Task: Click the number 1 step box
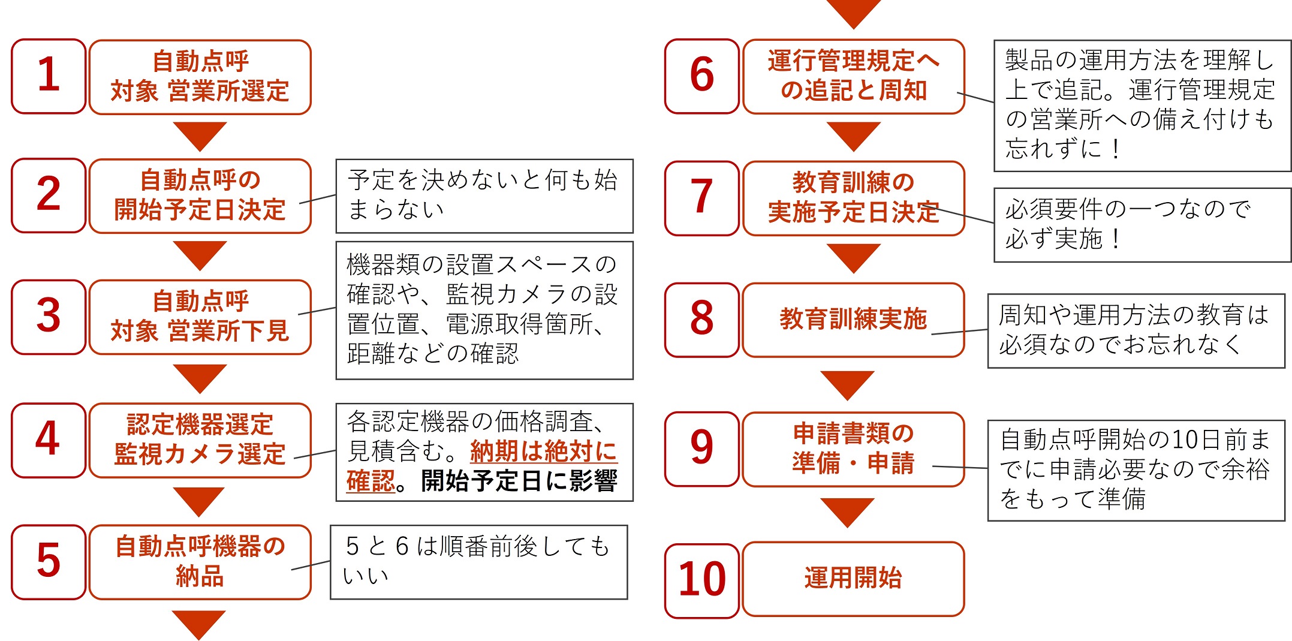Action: [x=49, y=76]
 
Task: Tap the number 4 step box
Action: [x=49, y=440]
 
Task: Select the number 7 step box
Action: [x=702, y=198]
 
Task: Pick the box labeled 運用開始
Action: [x=854, y=579]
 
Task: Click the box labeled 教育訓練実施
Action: [x=854, y=320]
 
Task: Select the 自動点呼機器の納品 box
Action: [x=200, y=562]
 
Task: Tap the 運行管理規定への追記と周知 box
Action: [x=854, y=76]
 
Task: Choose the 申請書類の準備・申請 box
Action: [x=854, y=449]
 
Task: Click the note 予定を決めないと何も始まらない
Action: [x=484, y=195]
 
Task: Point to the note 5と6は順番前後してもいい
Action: [x=479, y=562]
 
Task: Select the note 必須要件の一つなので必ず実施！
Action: [x=1142, y=225]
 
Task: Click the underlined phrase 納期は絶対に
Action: [x=544, y=451]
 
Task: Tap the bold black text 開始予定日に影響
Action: [x=519, y=481]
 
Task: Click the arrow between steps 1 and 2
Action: [x=200, y=136]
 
